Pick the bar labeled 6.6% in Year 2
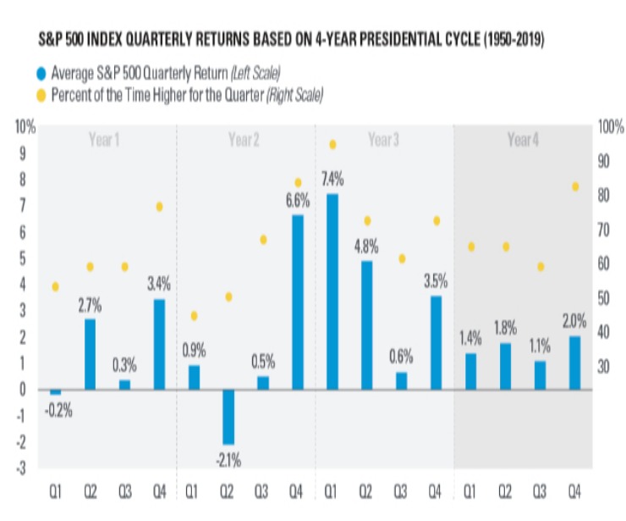pyautogui.click(x=297, y=302)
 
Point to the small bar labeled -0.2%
pyautogui.click(x=56, y=392)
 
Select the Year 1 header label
pyautogui.click(x=104, y=140)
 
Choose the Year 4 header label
pyautogui.click(x=522, y=140)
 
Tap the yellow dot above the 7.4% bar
pyautogui.click(x=332, y=145)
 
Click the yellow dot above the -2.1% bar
pyautogui.click(x=228, y=297)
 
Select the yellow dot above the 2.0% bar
pyautogui.click(x=574, y=186)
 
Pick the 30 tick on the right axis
pyautogui.click(x=605, y=367)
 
